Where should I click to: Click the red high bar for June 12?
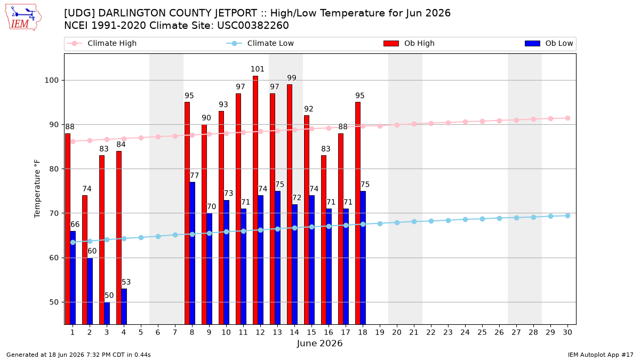point(255,200)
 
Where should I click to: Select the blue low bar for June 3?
point(107,313)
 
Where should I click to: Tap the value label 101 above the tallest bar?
point(258,69)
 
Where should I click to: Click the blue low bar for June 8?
point(193,253)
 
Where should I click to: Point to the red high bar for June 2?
point(85,260)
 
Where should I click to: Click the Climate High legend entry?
point(102,43)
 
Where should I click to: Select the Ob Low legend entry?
point(549,43)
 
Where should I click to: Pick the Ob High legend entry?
point(409,43)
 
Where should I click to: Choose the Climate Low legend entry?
point(260,43)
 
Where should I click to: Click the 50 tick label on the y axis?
point(54,302)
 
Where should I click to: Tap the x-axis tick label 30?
point(567,332)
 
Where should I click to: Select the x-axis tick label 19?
point(380,332)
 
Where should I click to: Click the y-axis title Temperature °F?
point(37,189)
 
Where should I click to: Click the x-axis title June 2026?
point(319,343)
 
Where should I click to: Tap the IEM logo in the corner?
point(23,18)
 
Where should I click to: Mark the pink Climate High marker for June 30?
point(567,118)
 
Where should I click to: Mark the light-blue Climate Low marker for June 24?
point(465,219)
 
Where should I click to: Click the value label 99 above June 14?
point(292,78)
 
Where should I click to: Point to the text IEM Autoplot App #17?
point(601,355)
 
